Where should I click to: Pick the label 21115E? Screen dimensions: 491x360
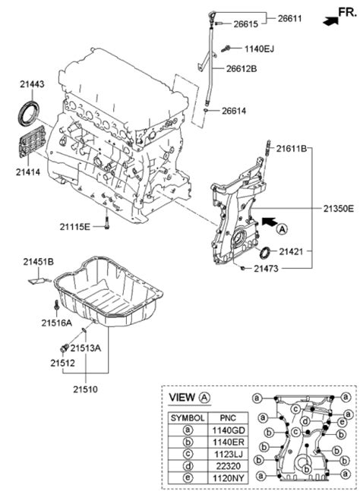coord(76,226)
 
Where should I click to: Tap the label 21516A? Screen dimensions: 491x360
coord(57,323)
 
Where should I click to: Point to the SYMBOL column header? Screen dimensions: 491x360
coord(187,417)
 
